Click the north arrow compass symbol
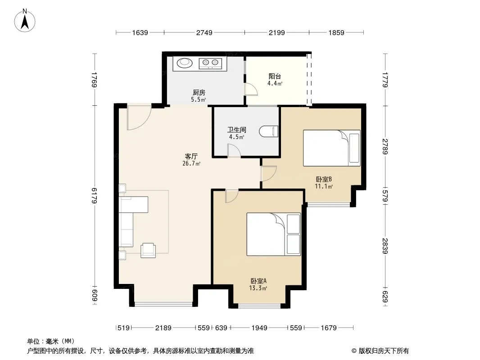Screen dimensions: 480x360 24,21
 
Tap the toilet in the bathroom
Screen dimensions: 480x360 269,131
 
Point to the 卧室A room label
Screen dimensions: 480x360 258,281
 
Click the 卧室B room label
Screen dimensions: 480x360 324,179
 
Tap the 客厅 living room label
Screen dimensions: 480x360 191,157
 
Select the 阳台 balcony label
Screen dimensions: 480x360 275,76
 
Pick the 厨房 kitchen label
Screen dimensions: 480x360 199,92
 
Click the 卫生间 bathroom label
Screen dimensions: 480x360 237,130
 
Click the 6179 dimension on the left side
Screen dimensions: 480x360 94,195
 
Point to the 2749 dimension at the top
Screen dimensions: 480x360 204,32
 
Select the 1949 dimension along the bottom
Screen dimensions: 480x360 259,328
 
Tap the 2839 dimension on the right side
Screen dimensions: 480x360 385,246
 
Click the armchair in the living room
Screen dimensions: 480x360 148,250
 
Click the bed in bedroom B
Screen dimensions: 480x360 331,148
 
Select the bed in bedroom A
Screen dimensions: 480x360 274,234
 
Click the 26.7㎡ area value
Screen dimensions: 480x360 191,164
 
